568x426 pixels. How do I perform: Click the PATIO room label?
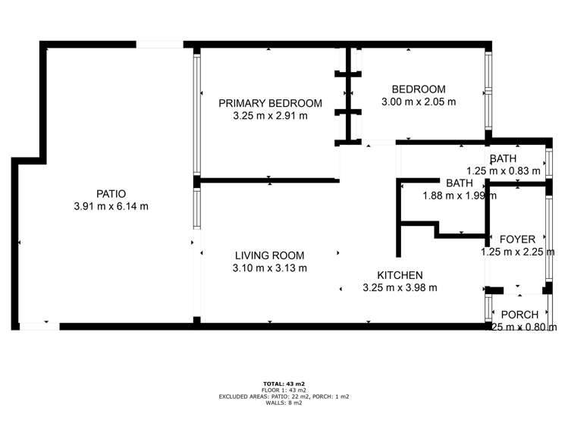coord(111,193)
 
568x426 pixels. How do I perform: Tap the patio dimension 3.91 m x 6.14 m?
coord(111,206)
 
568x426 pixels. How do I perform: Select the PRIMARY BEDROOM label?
coord(270,103)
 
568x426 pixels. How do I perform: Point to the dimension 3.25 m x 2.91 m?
coord(270,116)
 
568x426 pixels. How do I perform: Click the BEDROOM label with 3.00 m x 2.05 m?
coord(419,89)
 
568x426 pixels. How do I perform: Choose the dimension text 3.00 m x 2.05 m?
coord(419,102)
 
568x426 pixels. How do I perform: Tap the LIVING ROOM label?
coord(269,255)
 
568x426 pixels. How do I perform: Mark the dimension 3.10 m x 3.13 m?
coord(269,268)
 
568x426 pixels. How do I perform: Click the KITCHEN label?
coord(400,274)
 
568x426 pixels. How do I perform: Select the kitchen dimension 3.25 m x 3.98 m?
coord(400,287)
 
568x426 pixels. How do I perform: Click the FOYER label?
coord(518,240)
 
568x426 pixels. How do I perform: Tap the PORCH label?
coord(519,315)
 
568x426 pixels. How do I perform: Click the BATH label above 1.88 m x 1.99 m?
coord(460,183)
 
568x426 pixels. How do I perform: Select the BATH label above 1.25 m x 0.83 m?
coord(503,158)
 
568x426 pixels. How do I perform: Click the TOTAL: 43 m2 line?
coord(284,384)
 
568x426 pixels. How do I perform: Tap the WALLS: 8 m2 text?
coord(284,403)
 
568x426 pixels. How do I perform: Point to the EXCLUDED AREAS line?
coord(284,396)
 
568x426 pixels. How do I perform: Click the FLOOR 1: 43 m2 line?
coord(284,390)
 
